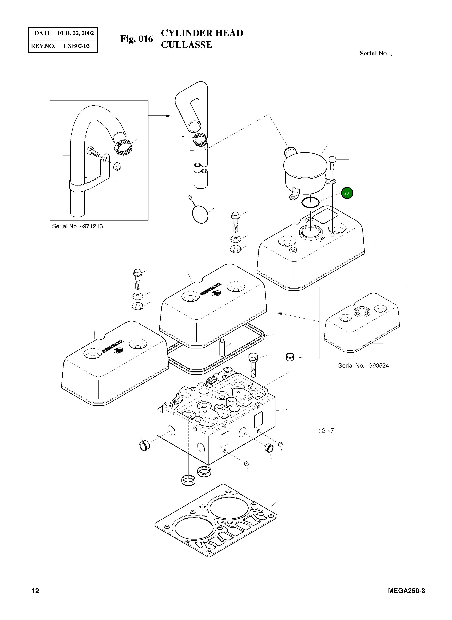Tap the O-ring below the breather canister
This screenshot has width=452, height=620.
click(311, 203)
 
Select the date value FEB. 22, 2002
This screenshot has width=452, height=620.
click(76, 33)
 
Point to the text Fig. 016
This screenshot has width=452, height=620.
click(137, 39)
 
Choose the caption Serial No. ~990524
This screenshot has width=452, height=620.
click(363, 365)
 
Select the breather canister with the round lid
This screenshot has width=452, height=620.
click(305, 173)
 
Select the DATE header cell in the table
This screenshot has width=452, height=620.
click(43, 33)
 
